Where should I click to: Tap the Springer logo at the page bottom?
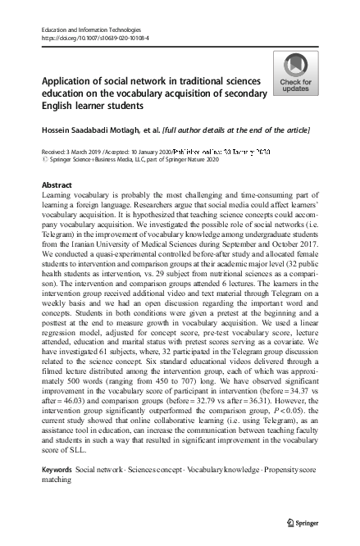point(303,522)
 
